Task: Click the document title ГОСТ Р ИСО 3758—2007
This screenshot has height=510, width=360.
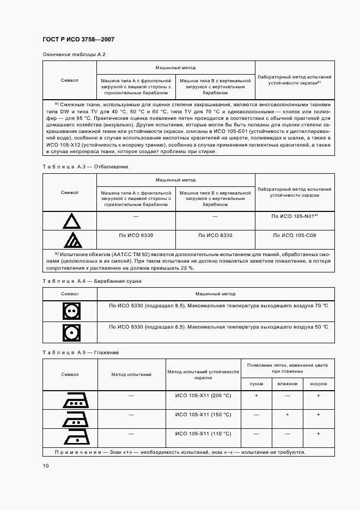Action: pyautogui.click(x=78, y=40)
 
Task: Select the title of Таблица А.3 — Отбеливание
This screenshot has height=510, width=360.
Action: pyautogui.click(x=84, y=166)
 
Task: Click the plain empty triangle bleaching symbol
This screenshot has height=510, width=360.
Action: pyautogui.click(x=70, y=221)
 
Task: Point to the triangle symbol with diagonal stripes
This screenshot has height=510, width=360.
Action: pyautogui.click(x=70, y=240)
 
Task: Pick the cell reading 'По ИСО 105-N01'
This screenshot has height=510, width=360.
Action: pyautogui.click(x=294, y=216)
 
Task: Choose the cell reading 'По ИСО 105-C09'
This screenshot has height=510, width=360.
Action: pyautogui.click(x=294, y=235)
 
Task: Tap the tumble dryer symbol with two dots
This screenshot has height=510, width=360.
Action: pyautogui.click(x=70, y=311)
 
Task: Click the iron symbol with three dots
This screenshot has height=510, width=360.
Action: pyautogui.click(x=70, y=400)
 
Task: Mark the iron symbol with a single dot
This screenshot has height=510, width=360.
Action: pyautogui.click(x=70, y=438)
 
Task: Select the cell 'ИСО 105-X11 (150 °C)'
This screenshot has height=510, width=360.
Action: pyautogui.click(x=203, y=415)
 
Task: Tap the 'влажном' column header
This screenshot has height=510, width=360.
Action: pyautogui.click(x=287, y=384)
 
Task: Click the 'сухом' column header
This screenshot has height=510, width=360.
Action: pyautogui.click(x=256, y=384)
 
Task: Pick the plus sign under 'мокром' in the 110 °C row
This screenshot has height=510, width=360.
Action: pyautogui.click(x=319, y=434)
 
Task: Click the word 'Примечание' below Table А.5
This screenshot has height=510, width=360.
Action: pyautogui.click(x=75, y=452)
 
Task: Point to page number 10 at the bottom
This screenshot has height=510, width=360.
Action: pyautogui.click(x=46, y=465)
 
